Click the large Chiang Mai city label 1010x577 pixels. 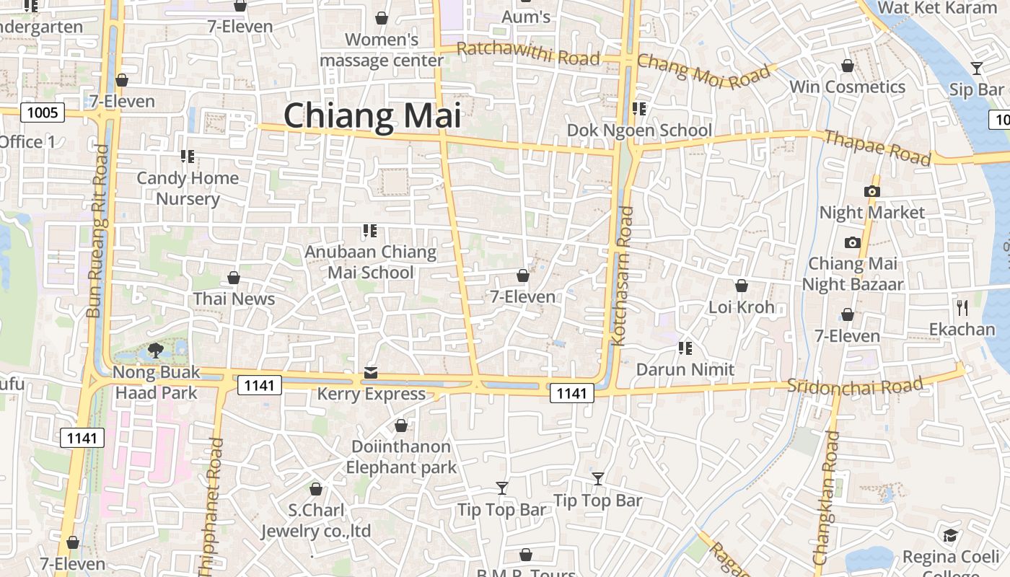372,115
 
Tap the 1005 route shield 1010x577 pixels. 43,113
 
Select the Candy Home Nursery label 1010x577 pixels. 188,188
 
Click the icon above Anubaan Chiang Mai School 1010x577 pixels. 370,231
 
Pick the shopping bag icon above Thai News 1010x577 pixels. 234,278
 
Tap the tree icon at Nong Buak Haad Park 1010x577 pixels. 155,351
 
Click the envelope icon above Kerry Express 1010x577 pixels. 371,372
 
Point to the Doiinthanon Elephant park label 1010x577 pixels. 401,457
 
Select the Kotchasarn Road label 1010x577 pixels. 622,276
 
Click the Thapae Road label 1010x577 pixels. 877,147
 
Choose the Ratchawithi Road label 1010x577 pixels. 528,53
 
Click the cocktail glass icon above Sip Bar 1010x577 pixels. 976,69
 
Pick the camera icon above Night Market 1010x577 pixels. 871,191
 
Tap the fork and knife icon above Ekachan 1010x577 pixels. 962,308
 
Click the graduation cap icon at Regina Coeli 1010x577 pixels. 950,536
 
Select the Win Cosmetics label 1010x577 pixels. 847,87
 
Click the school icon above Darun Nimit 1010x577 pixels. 685,348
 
